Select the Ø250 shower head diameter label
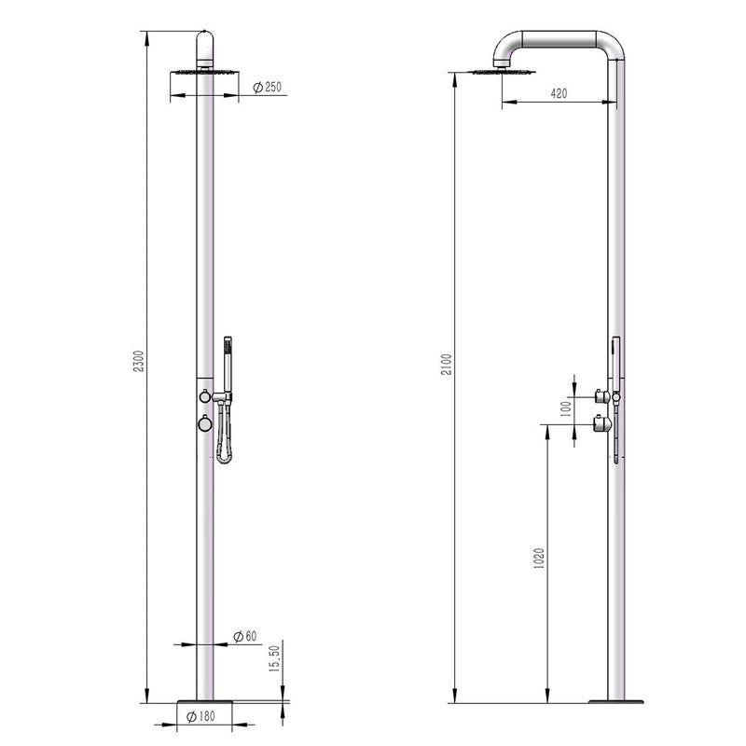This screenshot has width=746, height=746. tap(267, 88)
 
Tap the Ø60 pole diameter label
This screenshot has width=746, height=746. tap(245, 636)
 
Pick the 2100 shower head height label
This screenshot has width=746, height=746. tap(445, 365)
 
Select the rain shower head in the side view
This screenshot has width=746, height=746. tap(504, 71)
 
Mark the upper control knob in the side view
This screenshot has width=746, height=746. tap(602, 397)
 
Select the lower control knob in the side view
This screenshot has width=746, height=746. tap(602, 425)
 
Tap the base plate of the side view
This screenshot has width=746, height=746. tap(615, 701)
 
